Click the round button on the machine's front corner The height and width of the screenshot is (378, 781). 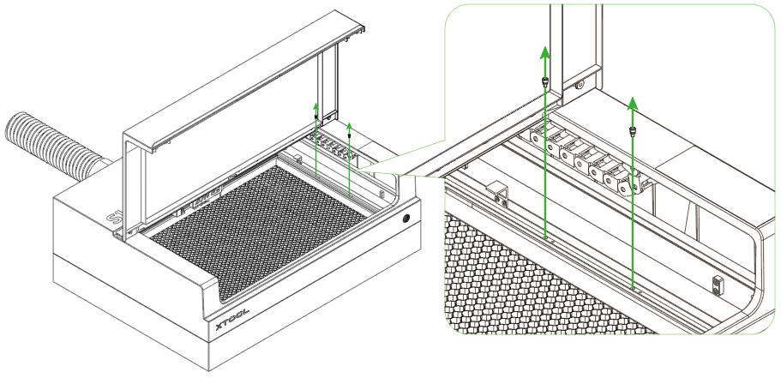tap(404, 220)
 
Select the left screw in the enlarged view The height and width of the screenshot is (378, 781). tap(544, 82)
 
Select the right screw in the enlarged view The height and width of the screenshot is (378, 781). tap(633, 130)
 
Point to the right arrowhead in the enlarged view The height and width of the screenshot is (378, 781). tap(633, 102)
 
